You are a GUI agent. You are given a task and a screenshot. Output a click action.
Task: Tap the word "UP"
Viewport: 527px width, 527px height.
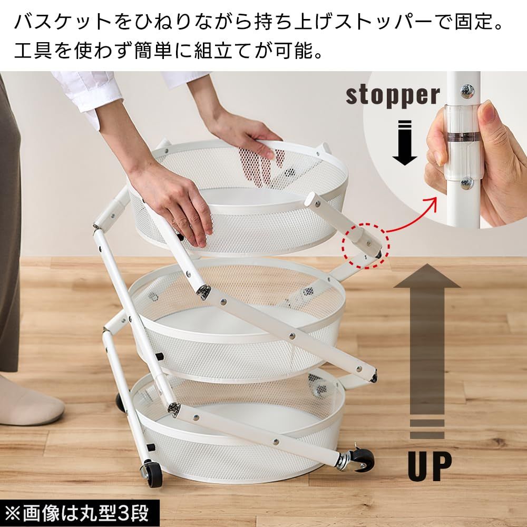click(x=430, y=466)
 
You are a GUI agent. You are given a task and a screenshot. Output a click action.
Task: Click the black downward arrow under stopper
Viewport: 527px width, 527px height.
click(x=405, y=142)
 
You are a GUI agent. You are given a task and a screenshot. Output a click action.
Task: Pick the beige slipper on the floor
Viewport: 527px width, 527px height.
click(x=30, y=402)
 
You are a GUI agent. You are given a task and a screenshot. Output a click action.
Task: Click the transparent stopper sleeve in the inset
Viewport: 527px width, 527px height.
click(x=463, y=141)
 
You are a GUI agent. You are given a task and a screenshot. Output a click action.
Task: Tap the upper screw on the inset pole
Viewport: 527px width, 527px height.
click(x=467, y=90)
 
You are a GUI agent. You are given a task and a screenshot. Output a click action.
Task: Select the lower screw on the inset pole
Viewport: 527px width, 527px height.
click(x=466, y=182)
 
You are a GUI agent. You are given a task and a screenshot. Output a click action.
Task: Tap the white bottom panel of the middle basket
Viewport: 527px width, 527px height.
click(x=235, y=323)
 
